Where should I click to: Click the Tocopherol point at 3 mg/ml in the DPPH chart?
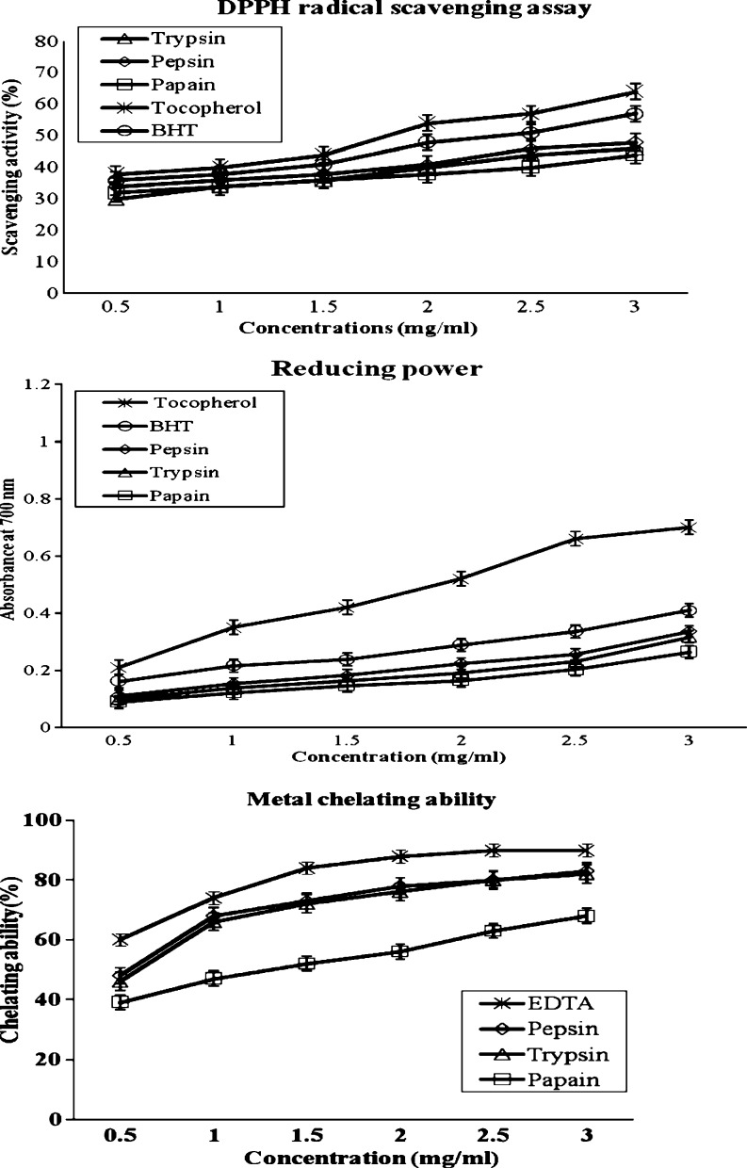(636, 91)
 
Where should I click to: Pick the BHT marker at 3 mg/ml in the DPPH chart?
(636, 114)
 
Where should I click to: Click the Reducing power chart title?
(377, 368)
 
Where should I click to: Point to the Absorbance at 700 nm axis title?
(11, 555)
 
